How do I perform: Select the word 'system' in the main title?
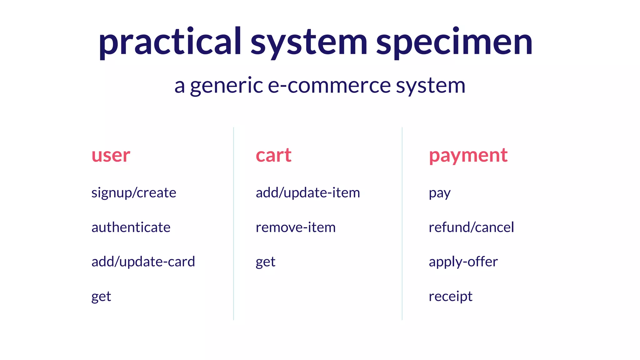309,42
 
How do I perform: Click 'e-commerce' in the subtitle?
329,85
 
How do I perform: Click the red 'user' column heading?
111,155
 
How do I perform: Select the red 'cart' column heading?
273,155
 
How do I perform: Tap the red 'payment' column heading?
468,155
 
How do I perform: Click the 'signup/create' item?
134,193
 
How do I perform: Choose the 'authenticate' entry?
131,227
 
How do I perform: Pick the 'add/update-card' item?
143,262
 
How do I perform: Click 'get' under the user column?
101,296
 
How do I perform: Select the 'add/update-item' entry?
308,193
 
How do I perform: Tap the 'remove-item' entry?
296,227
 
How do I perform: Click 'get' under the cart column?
266,262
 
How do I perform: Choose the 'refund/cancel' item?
471,227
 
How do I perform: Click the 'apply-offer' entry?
463,262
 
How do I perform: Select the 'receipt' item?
450,296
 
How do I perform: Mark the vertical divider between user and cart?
233,223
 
